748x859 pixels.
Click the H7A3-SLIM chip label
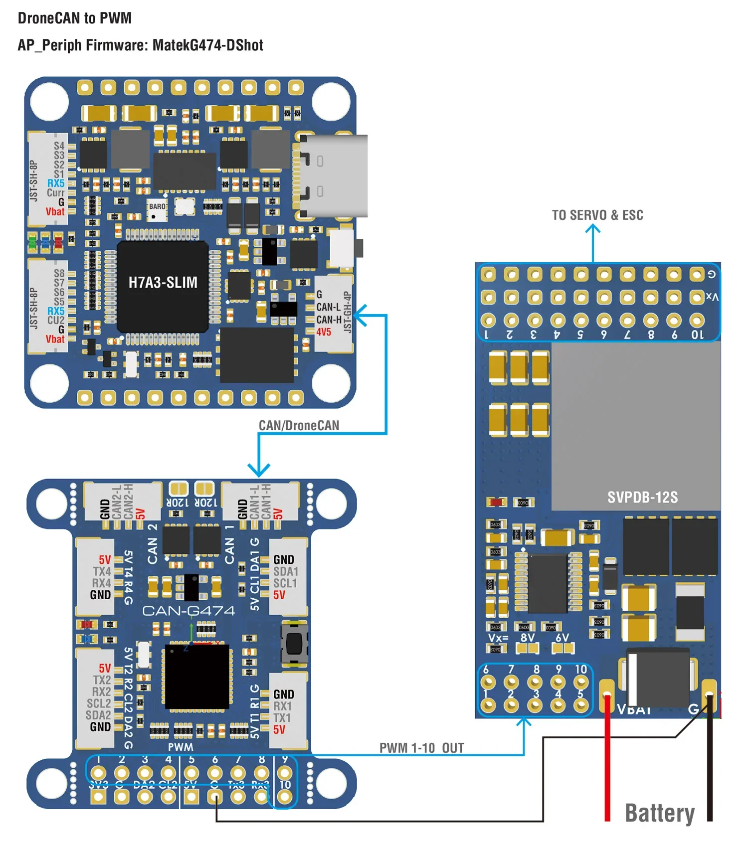(163, 283)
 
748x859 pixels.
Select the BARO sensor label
(157, 206)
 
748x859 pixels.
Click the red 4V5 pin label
(324, 332)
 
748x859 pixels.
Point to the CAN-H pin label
(329, 320)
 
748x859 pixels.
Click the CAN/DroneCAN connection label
(299, 425)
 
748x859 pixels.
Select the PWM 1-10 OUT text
(421, 748)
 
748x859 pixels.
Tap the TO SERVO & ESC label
(597, 215)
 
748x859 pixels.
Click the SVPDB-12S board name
(642, 497)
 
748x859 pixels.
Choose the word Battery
(659, 813)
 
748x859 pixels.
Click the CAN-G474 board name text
(188, 611)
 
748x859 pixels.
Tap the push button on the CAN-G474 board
(294, 643)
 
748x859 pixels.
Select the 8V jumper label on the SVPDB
(527, 638)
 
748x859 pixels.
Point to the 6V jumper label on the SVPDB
(562, 638)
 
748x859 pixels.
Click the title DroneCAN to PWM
(75, 18)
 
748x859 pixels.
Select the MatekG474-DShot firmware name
(207, 45)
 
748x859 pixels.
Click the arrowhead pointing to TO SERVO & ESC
(592, 229)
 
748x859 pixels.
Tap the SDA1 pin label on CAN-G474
(285, 571)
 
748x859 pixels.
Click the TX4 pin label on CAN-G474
(102, 571)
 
